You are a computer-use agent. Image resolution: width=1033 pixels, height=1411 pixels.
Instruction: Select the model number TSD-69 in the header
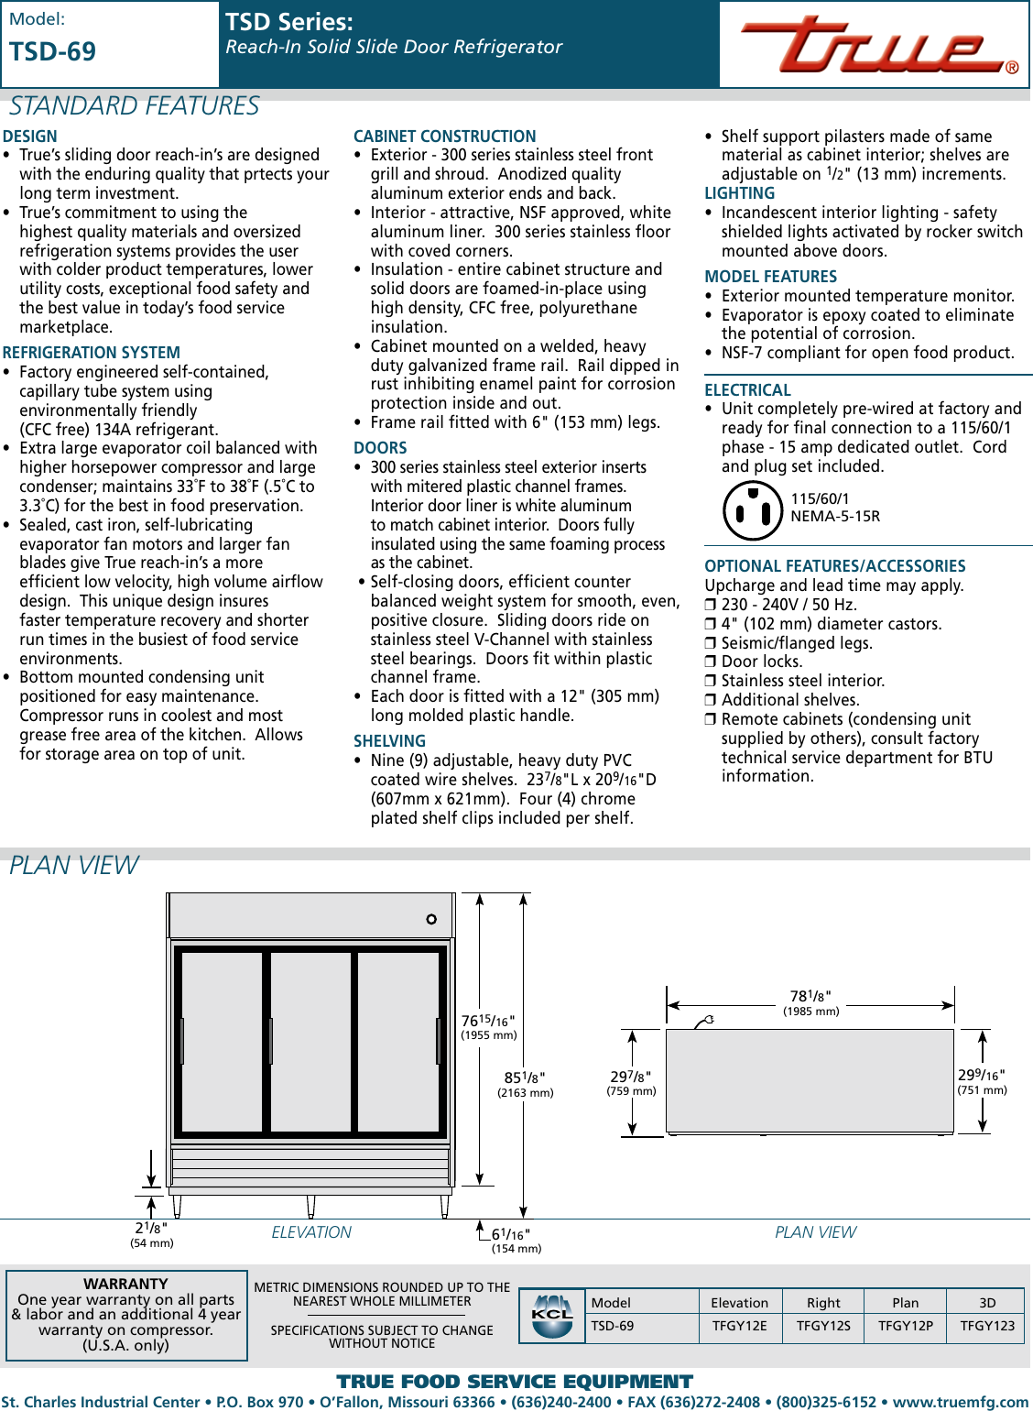point(53,52)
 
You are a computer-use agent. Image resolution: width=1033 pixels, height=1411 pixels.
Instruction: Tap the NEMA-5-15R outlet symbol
point(752,510)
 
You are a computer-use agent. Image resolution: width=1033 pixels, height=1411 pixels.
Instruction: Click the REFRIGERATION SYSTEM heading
point(92,353)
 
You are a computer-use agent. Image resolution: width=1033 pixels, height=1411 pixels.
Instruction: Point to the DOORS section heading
point(380,448)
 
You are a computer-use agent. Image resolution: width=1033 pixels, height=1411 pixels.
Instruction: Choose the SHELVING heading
point(389,741)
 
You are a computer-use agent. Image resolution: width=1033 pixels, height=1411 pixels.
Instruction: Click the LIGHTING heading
point(739,193)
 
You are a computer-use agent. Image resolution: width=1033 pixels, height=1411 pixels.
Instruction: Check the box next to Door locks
point(711,662)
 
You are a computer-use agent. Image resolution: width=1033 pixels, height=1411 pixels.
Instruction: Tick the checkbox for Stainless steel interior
point(711,682)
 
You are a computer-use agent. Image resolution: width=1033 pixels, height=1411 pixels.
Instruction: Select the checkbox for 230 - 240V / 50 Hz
point(711,606)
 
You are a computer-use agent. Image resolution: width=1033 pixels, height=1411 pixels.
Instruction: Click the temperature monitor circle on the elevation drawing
point(431,919)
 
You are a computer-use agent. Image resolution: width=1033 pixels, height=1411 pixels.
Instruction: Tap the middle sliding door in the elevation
point(311,1041)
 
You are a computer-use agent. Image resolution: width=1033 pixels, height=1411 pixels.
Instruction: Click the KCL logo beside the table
point(552,1316)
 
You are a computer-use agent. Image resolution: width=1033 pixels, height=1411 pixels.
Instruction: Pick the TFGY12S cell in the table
point(823,1326)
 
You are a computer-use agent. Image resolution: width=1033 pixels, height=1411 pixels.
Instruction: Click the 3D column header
point(987,1303)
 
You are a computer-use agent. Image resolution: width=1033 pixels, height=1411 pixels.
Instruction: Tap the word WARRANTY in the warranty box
point(125,1284)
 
